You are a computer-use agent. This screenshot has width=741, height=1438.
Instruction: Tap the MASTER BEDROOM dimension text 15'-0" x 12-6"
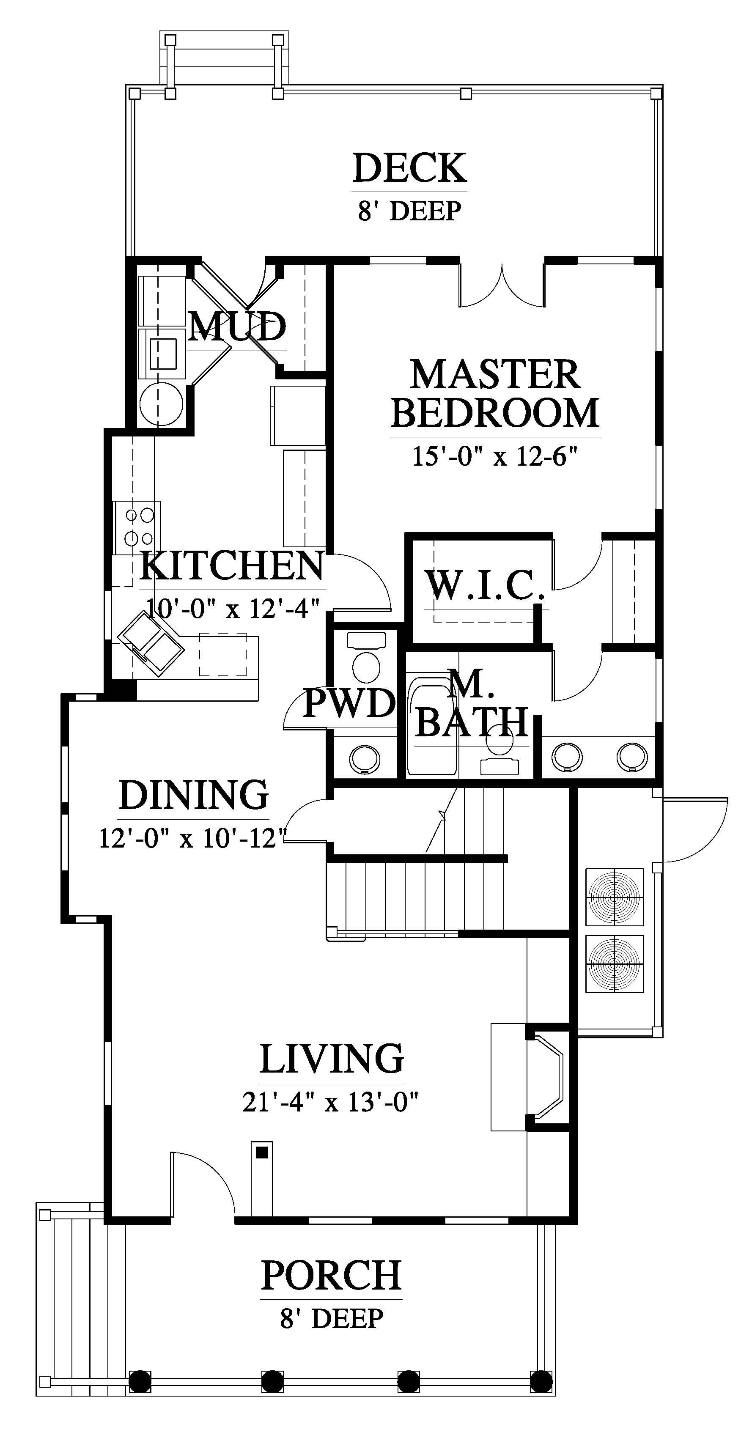(x=494, y=456)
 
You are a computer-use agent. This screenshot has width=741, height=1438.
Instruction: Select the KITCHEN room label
(x=232, y=565)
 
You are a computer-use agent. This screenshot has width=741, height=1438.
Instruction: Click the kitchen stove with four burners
(x=137, y=527)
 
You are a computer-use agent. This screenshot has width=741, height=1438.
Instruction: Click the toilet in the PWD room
(x=366, y=658)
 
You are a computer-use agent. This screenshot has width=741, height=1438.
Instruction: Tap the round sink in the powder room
(x=365, y=759)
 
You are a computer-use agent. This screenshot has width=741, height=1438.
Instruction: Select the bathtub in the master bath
(x=432, y=726)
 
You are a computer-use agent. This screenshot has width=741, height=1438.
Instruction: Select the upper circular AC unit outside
(x=614, y=897)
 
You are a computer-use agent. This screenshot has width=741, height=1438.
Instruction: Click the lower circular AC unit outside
(x=614, y=964)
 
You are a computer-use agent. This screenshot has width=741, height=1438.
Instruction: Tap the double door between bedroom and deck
(x=502, y=285)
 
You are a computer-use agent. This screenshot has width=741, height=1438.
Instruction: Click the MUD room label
(x=237, y=326)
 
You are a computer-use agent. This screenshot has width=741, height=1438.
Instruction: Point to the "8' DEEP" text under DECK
(x=409, y=211)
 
